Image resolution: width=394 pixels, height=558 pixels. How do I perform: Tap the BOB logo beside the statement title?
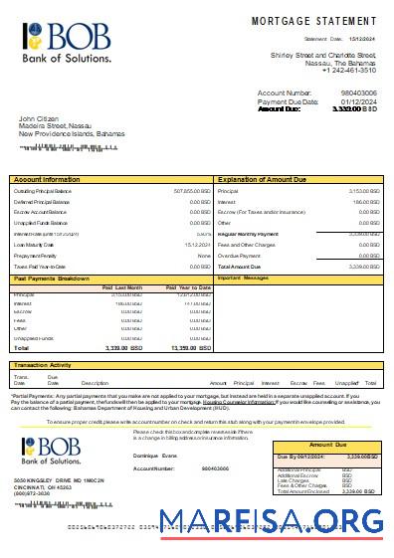66,40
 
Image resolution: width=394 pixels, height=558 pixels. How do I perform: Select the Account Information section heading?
48,180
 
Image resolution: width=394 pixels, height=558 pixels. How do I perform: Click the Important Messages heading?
243,279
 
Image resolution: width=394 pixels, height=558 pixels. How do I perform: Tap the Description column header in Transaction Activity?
95,383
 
